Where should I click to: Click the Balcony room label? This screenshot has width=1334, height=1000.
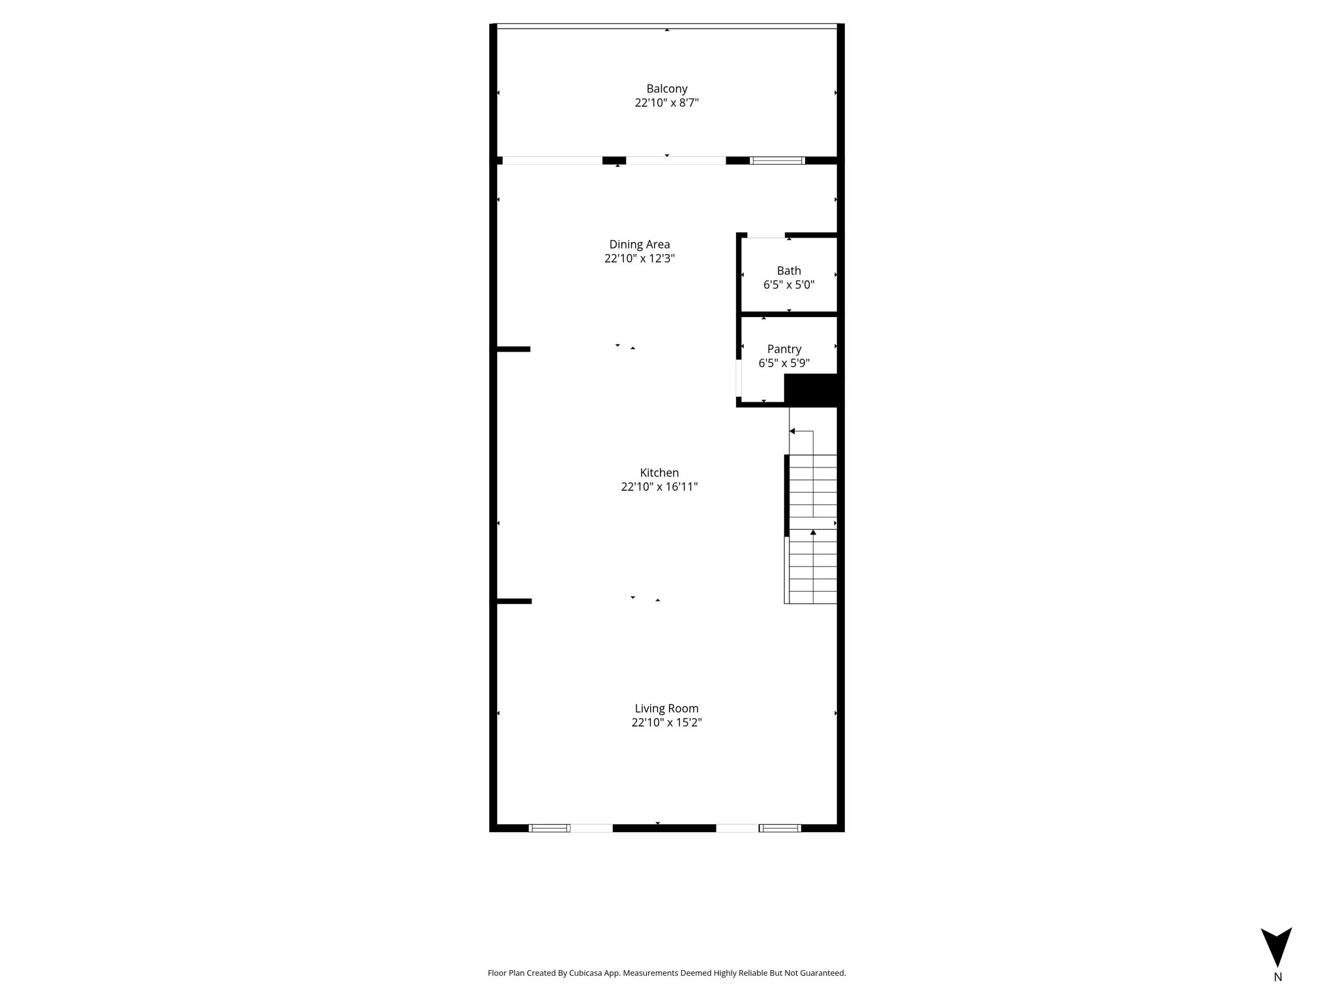coord(666,89)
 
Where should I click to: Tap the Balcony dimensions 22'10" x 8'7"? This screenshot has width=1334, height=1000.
coord(666,103)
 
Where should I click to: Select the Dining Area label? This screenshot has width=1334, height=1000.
coord(639,245)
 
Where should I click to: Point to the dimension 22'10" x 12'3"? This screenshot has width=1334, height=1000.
coord(639,258)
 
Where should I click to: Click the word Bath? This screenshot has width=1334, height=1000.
coord(789,271)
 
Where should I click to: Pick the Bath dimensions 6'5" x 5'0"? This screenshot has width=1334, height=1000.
coord(789,285)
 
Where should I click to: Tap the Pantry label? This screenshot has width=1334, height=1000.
coord(784,350)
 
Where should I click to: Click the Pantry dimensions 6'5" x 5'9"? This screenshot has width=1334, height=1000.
coord(784,363)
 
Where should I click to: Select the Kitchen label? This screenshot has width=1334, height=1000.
coord(659,473)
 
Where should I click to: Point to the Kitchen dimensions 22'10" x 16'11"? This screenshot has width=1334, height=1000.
coord(659,487)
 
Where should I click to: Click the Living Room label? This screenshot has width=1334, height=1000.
coord(666,708)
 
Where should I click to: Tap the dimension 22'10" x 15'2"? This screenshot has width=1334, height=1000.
coord(666,723)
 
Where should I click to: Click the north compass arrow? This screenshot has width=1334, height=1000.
coord(1276,947)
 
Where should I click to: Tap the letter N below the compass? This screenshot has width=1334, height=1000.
coord(1277,977)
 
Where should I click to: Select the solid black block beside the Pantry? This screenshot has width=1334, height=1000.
coord(813,389)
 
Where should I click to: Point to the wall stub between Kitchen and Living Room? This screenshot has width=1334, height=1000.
coord(514,601)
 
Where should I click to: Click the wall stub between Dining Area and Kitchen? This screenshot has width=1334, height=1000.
coord(513,349)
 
